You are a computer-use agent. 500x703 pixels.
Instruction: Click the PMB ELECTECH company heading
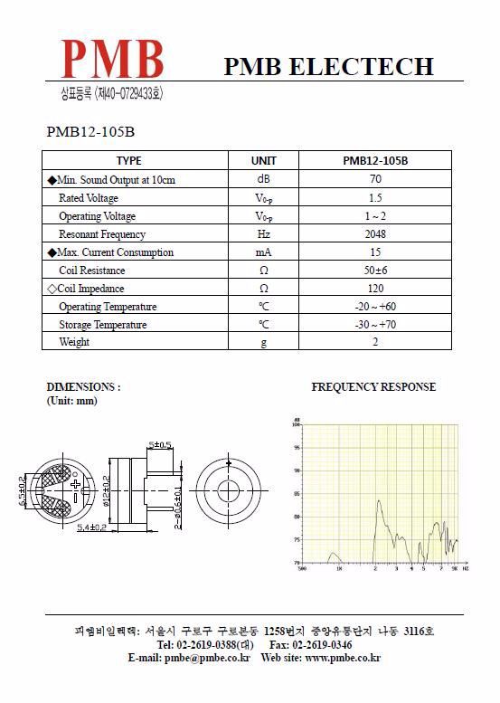click(x=328, y=66)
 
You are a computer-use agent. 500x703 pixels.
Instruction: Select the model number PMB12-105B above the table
click(x=90, y=132)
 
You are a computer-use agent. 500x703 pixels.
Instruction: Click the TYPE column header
click(x=129, y=161)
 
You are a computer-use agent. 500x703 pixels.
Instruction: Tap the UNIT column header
click(x=263, y=161)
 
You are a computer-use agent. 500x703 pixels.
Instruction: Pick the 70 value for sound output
click(x=374, y=179)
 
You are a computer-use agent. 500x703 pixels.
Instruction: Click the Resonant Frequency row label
click(x=101, y=234)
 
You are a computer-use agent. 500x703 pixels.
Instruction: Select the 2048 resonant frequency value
click(x=374, y=234)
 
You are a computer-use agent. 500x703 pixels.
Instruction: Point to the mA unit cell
click(x=263, y=252)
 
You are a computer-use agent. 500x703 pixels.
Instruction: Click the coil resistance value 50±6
click(x=374, y=271)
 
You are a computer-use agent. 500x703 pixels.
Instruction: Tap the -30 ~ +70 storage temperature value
click(x=374, y=324)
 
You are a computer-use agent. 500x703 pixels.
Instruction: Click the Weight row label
click(x=74, y=342)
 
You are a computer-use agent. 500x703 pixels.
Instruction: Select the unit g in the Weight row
click(x=263, y=342)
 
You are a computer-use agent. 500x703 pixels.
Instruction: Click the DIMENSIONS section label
click(x=82, y=386)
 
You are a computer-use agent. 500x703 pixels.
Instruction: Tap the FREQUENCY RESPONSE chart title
click(x=373, y=386)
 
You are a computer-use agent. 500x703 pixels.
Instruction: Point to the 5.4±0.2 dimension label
click(x=91, y=527)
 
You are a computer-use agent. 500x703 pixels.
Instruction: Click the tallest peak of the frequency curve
click(x=379, y=500)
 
